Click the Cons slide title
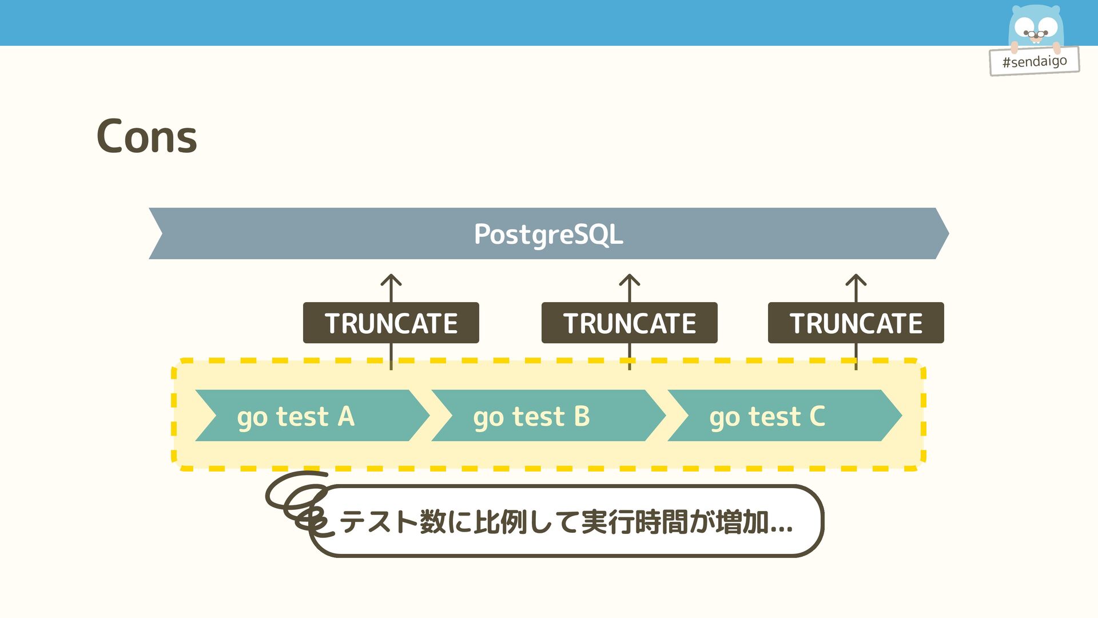[x=146, y=136]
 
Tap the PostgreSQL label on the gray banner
[x=548, y=234]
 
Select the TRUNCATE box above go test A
[x=391, y=323]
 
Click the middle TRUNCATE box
[x=629, y=323]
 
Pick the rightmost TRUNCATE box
[x=856, y=323]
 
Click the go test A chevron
[x=312, y=416]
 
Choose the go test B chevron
[x=548, y=416]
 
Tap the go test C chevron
[x=784, y=416]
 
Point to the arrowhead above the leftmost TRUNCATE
[x=391, y=280]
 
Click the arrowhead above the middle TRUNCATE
[x=629, y=280]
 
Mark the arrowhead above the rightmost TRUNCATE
[x=856, y=280]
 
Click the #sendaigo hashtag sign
[x=1034, y=61]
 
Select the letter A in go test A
[x=346, y=416]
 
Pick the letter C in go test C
[x=817, y=416]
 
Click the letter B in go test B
[x=582, y=416]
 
